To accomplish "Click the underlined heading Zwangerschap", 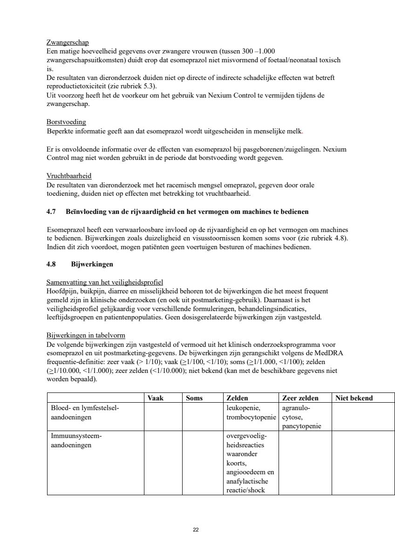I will (68, 43).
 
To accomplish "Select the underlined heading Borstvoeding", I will (66, 122).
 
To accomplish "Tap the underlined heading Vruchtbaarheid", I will (69, 176).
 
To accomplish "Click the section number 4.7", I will (51, 212).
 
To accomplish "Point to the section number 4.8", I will (51, 264).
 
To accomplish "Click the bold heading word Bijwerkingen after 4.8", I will (92, 264).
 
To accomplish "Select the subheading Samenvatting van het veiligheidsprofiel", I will (104, 282).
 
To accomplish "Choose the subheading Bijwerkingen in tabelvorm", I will (86, 335).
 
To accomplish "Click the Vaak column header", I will (155, 398).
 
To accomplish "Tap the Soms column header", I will (194, 398).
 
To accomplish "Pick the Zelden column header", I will (237, 398).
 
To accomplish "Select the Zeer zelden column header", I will (300, 398).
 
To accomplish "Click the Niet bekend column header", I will (354, 398).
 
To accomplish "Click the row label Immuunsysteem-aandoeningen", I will (76, 441).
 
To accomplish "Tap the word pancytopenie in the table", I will (301, 426).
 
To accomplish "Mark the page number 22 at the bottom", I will (196, 530).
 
